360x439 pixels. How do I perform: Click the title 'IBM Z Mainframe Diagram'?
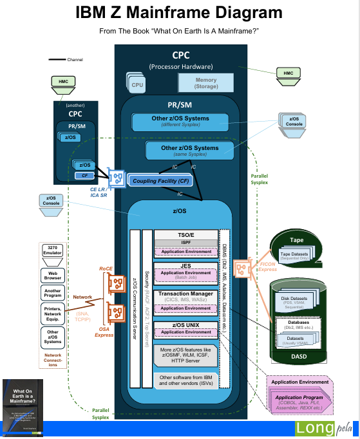(x=179, y=12)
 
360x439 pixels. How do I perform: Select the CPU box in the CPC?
(x=137, y=84)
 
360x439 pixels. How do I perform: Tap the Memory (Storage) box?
(x=205, y=83)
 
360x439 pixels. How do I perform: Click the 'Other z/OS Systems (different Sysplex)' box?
(x=180, y=122)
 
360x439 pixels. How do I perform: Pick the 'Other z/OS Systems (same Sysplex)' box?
(x=189, y=151)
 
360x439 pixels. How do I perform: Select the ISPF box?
(x=185, y=243)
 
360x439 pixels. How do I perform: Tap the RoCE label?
(x=106, y=268)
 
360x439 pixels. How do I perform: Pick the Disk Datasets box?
(x=298, y=301)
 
